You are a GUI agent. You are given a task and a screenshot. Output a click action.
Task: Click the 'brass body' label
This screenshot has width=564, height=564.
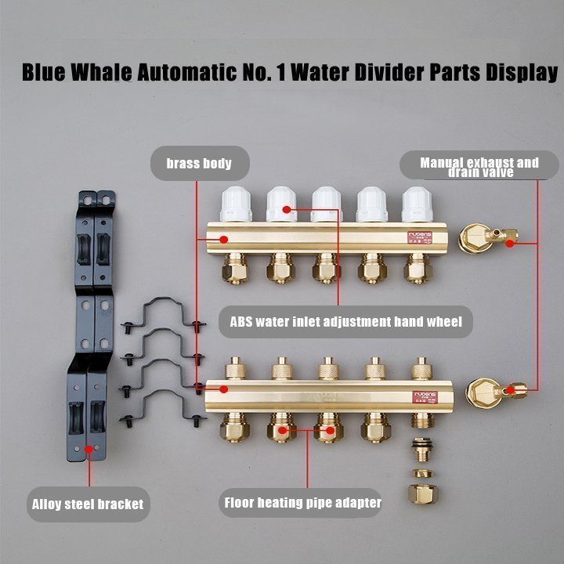pyautogui.click(x=199, y=164)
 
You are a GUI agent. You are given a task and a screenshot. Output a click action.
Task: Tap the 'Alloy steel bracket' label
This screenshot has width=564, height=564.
pyautogui.click(x=88, y=503)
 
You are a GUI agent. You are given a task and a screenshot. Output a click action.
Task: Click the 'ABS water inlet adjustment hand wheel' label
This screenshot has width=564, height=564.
pyautogui.click(x=345, y=321)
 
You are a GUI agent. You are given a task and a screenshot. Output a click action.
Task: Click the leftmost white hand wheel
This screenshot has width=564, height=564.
pyautogui.click(x=236, y=204)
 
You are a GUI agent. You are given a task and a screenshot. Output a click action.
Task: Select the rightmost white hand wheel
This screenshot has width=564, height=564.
pyautogui.click(x=417, y=204)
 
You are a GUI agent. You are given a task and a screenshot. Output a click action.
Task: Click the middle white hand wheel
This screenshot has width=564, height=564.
pyautogui.click(x=326, y=204)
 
